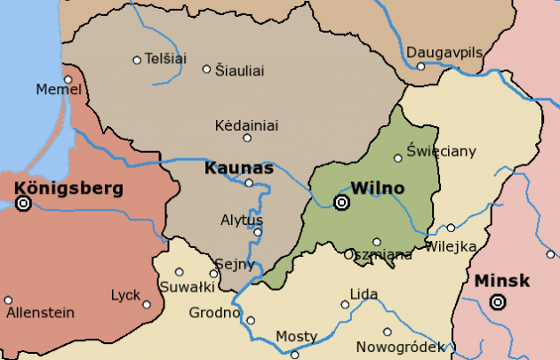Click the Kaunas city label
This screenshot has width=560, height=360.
point(237,167)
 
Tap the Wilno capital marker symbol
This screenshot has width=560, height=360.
point(341,204)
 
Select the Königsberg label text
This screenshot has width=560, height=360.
point(68,188)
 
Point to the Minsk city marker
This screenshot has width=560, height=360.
point(498,302)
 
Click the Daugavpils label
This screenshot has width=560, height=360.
point(445,52)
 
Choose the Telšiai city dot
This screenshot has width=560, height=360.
point(137,60)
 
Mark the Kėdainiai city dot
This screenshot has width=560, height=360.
point(247,138)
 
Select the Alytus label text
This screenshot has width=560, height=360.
point(242,220)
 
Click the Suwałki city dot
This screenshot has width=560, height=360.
point(179,272)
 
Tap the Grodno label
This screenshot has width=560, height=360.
point(214,312)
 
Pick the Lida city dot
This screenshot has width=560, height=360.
point(345,305)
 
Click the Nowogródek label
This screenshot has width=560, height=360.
point(398,347)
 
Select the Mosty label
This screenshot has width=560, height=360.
point(296,336)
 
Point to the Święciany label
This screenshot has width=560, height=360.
point(441,150)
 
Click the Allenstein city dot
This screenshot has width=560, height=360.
point(8,300)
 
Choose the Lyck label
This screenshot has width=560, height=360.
point(125,295)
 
